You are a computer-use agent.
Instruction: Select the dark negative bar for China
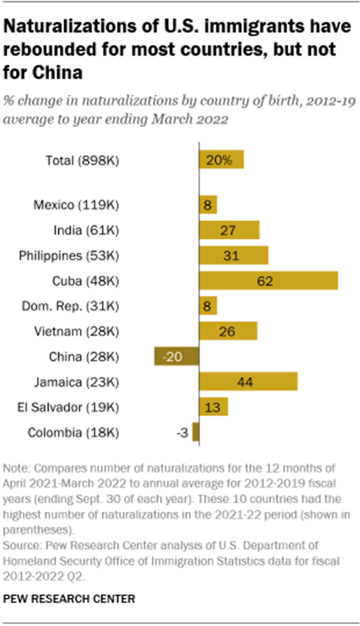tap(176, 356)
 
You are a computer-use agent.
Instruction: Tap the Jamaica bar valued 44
tap(248, 382)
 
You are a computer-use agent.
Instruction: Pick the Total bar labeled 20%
tap(221, 160)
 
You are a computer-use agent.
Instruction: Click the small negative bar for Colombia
tap(196, 432)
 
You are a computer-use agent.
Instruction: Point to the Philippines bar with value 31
tap(233, 256)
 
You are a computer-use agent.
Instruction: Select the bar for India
tap(229, 230)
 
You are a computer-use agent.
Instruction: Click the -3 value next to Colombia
tap(181, 432)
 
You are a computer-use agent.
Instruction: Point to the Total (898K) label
tap(81, 160)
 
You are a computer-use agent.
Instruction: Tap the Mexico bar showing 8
tap(207, 205)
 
